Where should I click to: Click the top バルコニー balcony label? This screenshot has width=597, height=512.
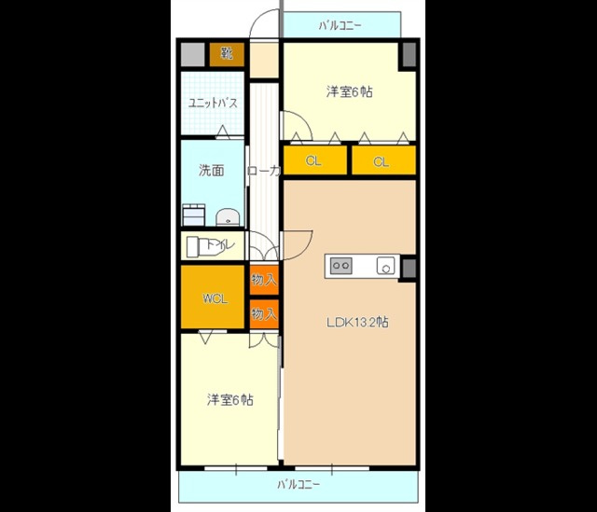coord(340,25)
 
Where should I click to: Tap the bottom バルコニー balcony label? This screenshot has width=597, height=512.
coord(298,485)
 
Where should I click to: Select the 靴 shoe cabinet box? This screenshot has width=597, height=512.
coord(227,54)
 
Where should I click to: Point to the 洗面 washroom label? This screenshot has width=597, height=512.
coord(211,171)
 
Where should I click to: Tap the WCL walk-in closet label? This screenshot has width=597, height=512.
coord(215,298)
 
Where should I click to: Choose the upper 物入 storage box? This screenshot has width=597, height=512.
coord(264,279)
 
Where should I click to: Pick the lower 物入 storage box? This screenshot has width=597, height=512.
coord(264,313)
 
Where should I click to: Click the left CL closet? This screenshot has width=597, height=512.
coord(314,161)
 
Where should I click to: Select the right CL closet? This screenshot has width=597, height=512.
coord(382,161)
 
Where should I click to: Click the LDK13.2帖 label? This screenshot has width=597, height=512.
coord(357,323)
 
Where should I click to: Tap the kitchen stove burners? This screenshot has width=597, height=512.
coord(340,266)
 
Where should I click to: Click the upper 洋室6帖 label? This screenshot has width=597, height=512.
coord(350,91)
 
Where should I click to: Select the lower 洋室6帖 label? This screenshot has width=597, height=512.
coord(229,400)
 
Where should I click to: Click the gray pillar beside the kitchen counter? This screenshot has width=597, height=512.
coord(408,267)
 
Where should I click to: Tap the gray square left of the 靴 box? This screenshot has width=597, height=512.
coord(193,54)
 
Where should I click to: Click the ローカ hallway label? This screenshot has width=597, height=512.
coord(263,172)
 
